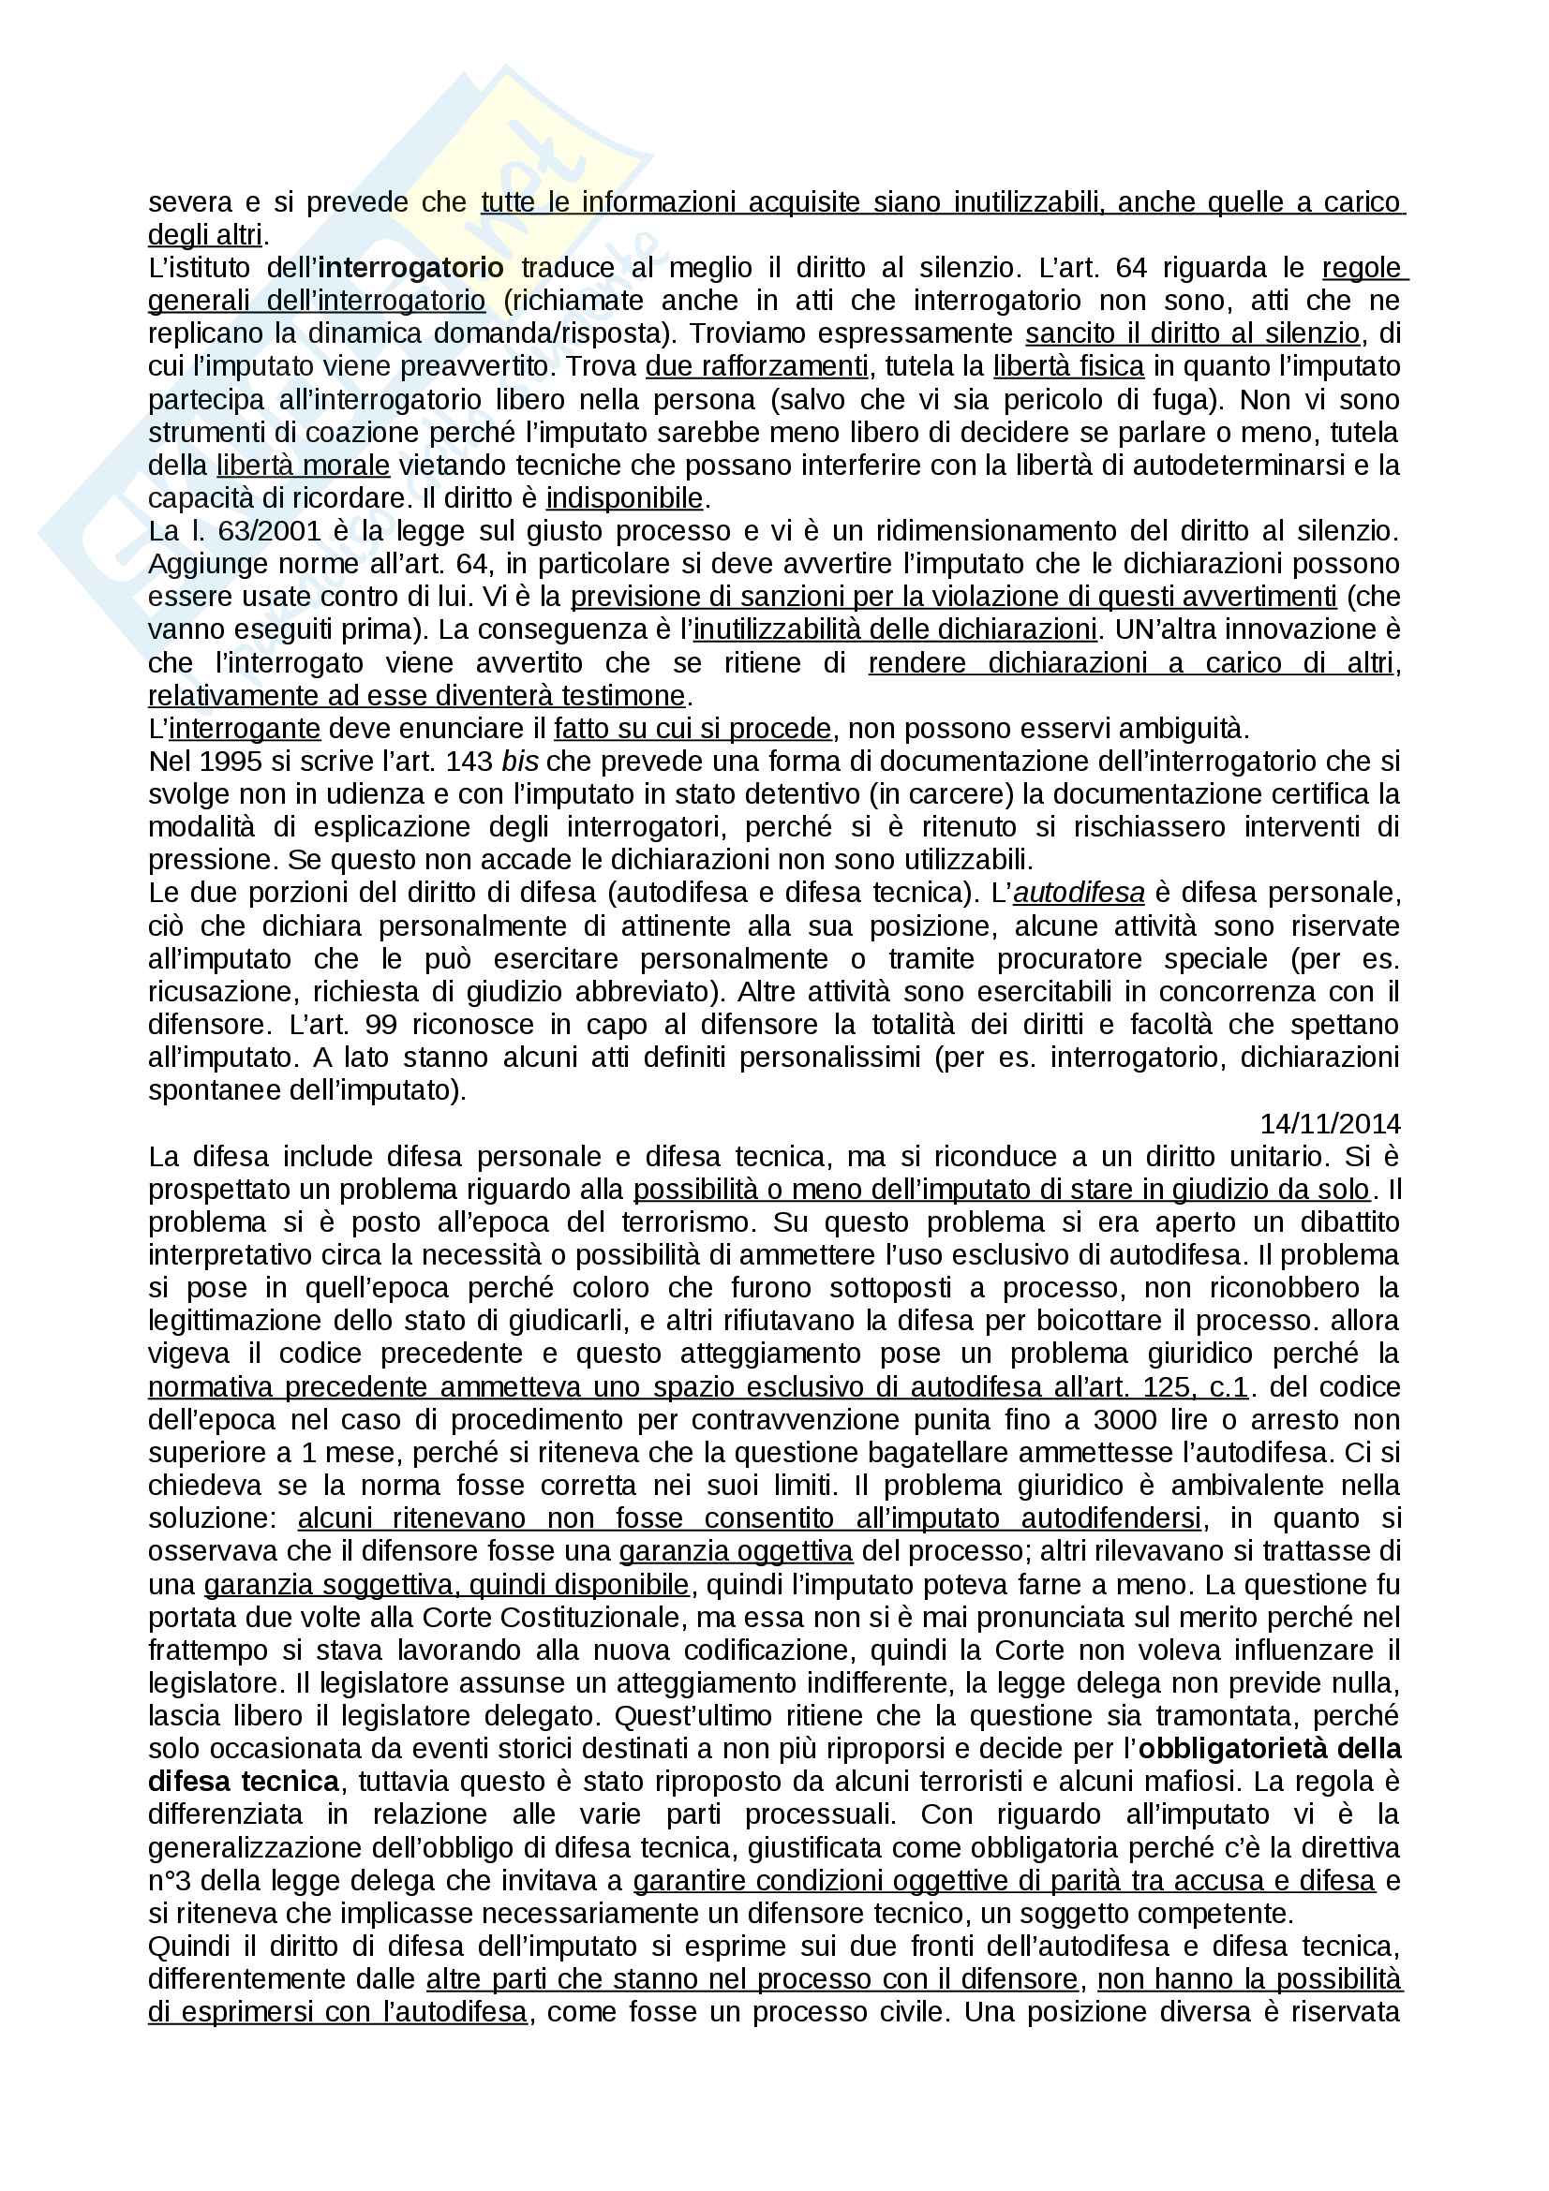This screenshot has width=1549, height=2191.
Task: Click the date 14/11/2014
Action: click(x=1330, y=1123)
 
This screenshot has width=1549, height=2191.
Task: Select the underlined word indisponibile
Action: click(x=624, y=498)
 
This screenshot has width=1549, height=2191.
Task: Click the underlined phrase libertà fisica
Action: click(x=1068, y=366)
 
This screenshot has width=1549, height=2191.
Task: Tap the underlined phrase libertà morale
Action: click(x=303, y=466)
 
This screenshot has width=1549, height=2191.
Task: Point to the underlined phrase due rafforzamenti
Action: click(x=757, y=366)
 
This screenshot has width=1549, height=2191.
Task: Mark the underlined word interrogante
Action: click(x=245, y=729)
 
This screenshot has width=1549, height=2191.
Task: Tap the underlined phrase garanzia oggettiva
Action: click(x=736, y=1551)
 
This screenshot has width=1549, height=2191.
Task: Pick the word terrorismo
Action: click(x=687, y=1222)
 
